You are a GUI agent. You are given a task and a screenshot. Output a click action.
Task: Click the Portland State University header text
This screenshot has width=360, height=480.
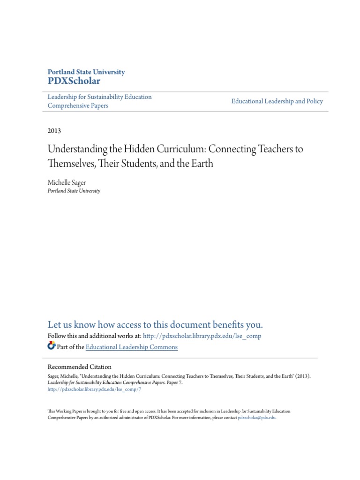tap(86, 72)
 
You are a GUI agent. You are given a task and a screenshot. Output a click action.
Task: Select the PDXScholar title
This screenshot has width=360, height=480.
tap(74, 81)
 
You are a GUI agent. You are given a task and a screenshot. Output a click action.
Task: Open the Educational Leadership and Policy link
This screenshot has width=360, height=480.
tap(277, 101)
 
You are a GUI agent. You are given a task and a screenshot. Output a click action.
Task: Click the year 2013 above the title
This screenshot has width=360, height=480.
tap(54, 131)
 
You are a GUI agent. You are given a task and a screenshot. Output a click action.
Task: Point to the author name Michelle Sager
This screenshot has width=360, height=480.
tap(67, 182)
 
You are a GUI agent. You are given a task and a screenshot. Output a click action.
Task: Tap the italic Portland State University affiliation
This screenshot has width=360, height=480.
tap(74, 191)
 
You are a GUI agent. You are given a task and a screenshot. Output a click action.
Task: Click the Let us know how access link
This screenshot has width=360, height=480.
tap(155, 325)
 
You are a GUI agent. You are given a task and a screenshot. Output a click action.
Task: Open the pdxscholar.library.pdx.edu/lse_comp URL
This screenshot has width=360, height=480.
tap(202, 336)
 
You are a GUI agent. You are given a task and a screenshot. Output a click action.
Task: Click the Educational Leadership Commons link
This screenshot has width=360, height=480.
tap(132, 347)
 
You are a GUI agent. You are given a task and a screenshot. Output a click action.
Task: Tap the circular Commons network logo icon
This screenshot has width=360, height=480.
tap(51, 346)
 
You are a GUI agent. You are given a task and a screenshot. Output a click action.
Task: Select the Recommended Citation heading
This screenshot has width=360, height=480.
tap(80, 367)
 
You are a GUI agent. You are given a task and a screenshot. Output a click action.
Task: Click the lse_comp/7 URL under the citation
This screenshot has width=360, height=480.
tap(94, 389)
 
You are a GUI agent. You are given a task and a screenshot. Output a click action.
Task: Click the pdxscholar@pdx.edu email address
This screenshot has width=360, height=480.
tap(257, 417)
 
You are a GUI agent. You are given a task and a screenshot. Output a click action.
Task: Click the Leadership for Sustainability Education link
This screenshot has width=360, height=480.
tap(100, 97)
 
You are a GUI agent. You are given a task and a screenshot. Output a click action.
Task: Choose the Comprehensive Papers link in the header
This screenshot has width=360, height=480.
tap(78, 105)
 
